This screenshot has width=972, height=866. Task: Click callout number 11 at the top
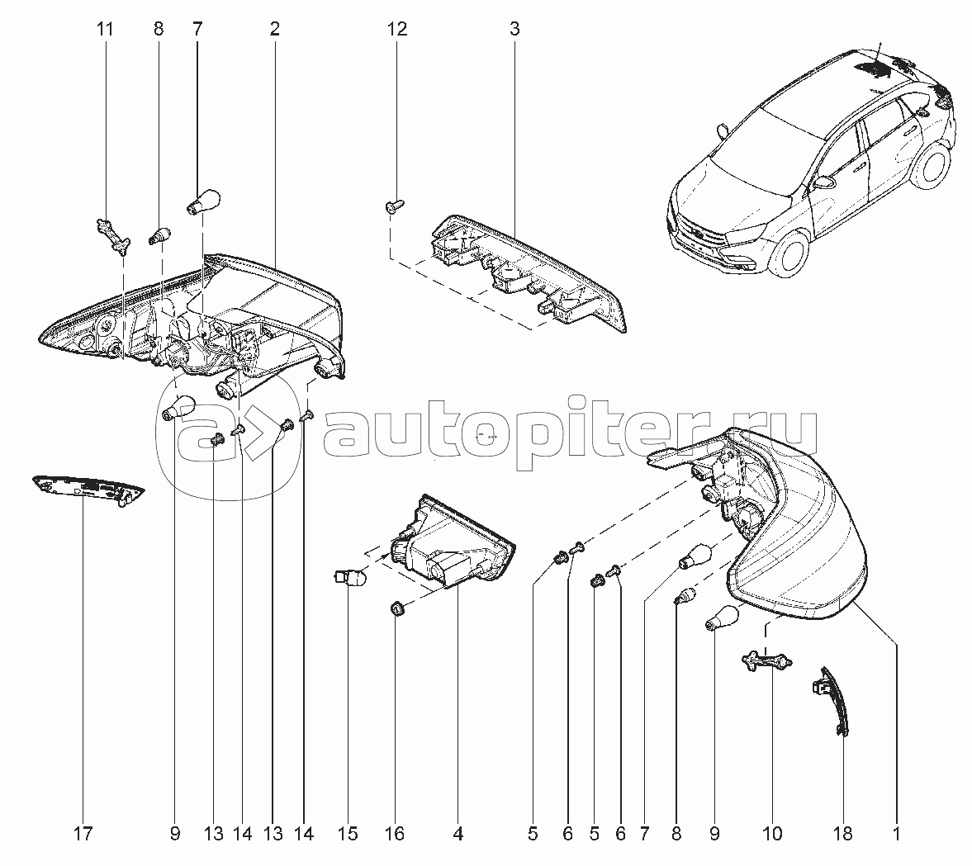pos(104,30)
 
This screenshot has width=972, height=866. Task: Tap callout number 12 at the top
pos(396,30)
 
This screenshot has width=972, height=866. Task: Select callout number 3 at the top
pos(514,30)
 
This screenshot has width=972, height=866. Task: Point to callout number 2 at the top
pos(274,30)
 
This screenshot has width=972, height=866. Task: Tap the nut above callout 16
pos(396,610)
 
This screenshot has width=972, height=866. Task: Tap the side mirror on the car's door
pos(823,182)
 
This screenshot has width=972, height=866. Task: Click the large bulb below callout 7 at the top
pos(202,201)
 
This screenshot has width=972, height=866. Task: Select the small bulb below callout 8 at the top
pos(160,235)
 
